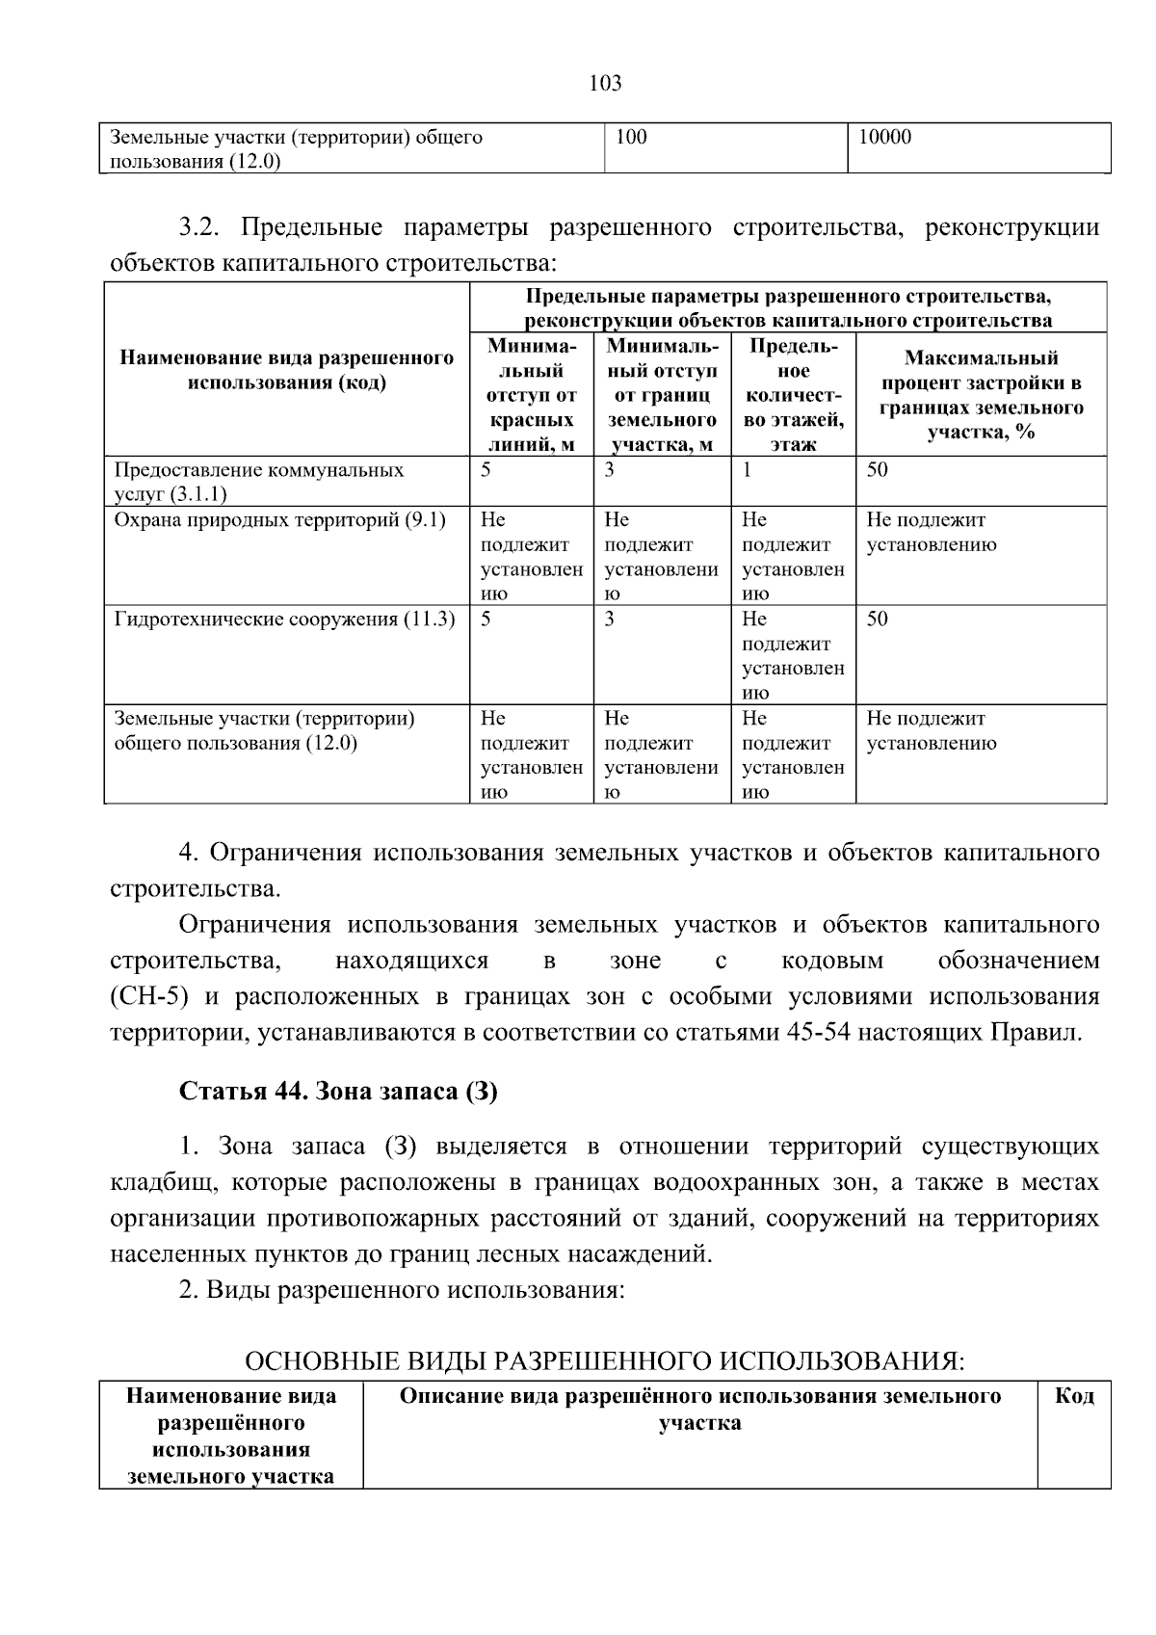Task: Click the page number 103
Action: tap(605, 83)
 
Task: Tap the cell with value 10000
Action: tap(884, 138)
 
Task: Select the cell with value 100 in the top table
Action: tap(631, 138)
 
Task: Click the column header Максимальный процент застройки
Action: tap(981, 395)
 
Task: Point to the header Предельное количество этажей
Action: tap(793, 395)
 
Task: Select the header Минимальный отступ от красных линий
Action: tap(531, 395)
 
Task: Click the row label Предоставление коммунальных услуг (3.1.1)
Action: tap(258, 482)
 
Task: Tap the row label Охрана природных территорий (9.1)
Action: tap(279, 520)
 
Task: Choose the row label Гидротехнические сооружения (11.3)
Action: tap(284, 620)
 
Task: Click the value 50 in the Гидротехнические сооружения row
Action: tap(877, 620)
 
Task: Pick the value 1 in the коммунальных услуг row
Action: tap(747, 470)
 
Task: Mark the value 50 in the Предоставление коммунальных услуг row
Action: tap(877, 470)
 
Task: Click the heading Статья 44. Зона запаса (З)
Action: tap(338, 1092)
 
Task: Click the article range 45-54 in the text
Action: tap(818, 1033)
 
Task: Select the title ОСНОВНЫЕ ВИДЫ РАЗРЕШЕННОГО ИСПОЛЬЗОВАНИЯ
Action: tap(604, 1361)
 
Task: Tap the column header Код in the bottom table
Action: tap(1074, 1396)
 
